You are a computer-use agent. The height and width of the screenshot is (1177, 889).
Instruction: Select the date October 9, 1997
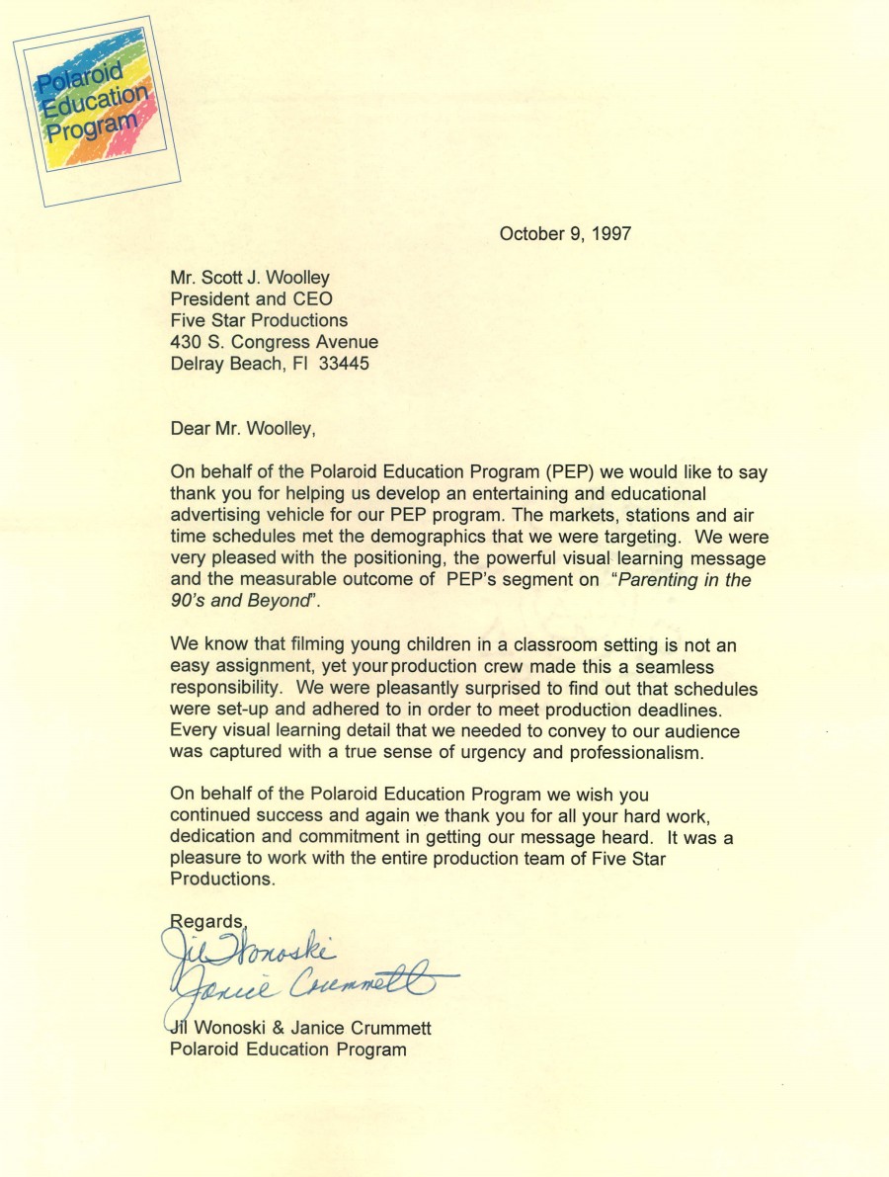click(x=565, y=234)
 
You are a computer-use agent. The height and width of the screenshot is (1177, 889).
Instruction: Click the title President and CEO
click(x=251, y=298)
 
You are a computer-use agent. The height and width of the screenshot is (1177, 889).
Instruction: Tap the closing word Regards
click(x=206, y=921)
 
